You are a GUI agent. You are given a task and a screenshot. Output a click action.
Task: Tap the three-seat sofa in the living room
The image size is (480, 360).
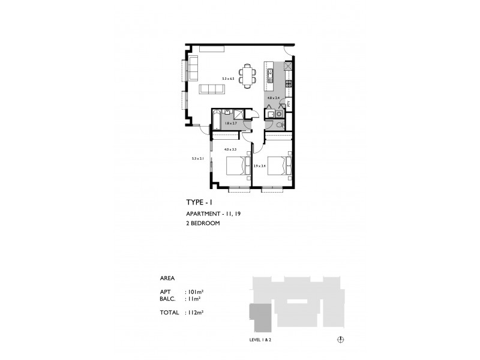212,89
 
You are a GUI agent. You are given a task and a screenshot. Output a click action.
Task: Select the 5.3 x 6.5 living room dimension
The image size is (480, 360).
227,78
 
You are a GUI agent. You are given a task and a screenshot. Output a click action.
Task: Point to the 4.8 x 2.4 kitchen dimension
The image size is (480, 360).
274,97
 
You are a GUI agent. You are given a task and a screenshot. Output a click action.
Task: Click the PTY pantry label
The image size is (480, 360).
289,104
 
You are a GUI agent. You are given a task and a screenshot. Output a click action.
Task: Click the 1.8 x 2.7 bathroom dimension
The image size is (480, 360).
230,124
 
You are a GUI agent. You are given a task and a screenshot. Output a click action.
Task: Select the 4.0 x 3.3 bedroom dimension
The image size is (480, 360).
230,149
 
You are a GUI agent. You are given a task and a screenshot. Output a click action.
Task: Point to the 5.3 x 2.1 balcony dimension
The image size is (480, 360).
198,159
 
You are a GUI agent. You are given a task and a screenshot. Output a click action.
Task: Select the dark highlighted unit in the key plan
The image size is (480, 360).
260,316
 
